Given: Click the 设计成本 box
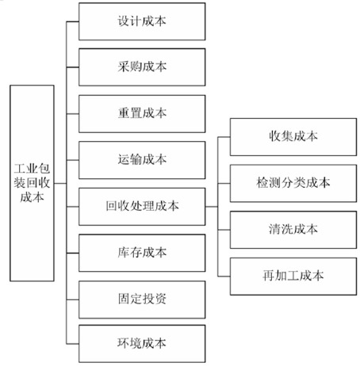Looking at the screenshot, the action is pyautogui.click(x=142, y=21).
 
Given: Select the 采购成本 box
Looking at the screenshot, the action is pyautogui.click(x=142, y=67).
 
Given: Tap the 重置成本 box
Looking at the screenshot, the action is pyautogui.click(x=142, y=114).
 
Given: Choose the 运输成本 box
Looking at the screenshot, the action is pyautogui.click(x=142, y=160).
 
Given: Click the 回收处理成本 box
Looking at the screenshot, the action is pyautogui.click(x=142, y=207).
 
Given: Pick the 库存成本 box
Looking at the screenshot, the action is pyautogui.click(x=142, y=253).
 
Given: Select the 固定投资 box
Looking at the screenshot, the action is pyautogui.click(x=142, y=299).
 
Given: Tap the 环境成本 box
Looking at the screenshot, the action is pyautogui.click(x=142, y=344).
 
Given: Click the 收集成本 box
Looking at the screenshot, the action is pyautogui.click(x=293, y=137).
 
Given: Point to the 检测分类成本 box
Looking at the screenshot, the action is pyautogui.click(x=293, y=183).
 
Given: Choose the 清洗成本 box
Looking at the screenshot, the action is pyautogui.click(x=293, y=230).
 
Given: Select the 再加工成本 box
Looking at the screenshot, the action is pyautogui.click(x=293, y=276).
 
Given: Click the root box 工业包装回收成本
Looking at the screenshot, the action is pyautogui.click(x=32, y=183).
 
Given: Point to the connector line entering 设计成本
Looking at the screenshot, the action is pyautogui.click(x=72, y=21).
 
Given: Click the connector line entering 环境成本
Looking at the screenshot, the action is pyautogui.click(x=72, y=344).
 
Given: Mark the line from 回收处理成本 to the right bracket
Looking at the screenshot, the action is pyautogui.click(x=212, y=207).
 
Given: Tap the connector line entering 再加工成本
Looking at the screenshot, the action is pyautogui.click(x=224, y=276).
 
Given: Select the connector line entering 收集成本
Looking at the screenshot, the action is pyautogui.click(x=224, y=137).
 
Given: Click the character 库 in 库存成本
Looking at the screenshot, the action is pyautogui.click(x=123, y=253).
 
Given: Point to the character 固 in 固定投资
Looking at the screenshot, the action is pyautogui.click(x=124, y=299).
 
